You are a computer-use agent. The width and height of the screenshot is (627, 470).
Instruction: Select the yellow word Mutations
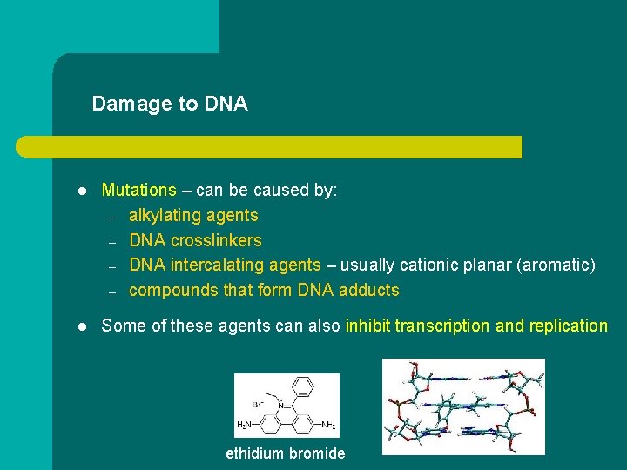click(x=138, y=190)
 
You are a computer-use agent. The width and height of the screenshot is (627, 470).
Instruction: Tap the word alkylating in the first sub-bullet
click(x=164, y=215)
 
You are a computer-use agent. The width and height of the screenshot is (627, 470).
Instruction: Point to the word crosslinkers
click(x=216, y=240)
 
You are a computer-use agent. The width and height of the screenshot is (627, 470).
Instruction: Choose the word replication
click(x=566, y=326)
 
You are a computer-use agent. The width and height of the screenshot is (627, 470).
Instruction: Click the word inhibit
click(x=367, y=326)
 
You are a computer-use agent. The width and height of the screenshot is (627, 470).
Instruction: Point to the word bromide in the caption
click(x=316, y=453)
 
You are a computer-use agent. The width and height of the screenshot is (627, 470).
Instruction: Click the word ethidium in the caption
click(x=254, y=453)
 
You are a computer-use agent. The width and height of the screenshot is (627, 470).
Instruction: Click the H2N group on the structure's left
click(x=246, y=425)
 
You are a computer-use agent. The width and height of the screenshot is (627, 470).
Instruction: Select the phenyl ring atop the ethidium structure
click(x=303, y=386)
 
